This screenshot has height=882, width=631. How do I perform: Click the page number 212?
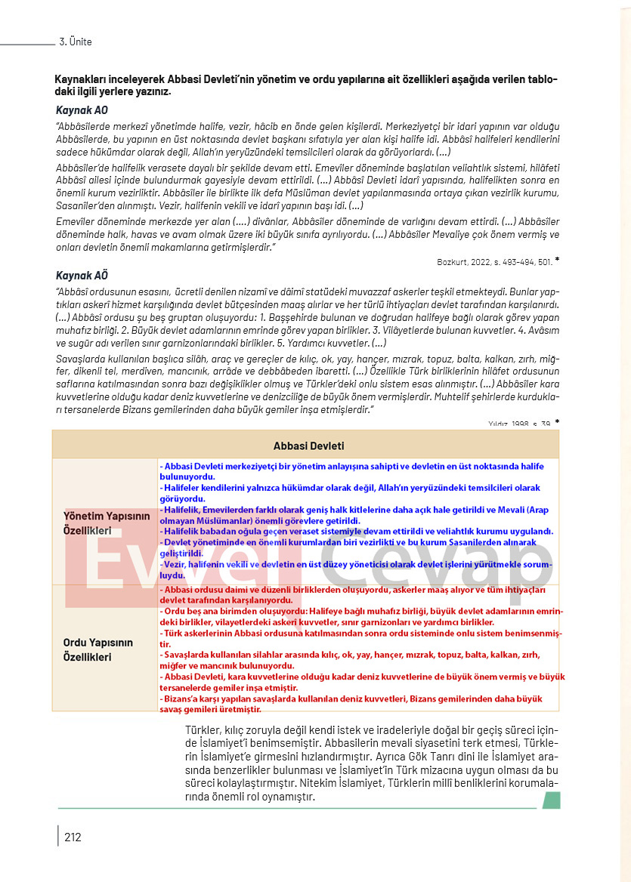(x=73, y=837)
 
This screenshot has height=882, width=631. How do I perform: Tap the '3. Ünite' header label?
(x=76, y=42)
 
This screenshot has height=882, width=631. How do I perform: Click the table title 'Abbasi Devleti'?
(x=308, y=446)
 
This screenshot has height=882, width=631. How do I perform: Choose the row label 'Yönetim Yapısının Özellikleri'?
(x=97, y=523)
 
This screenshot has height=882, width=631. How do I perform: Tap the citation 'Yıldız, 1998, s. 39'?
(x=519, y=424)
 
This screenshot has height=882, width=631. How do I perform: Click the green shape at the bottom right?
(x=551, y=800)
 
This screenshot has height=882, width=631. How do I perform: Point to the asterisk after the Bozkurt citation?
(x=557, y=260)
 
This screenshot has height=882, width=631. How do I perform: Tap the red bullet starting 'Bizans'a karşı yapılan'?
(x=351, y=704)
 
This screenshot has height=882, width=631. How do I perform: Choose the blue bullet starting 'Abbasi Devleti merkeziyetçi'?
(x=351, y=471)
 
